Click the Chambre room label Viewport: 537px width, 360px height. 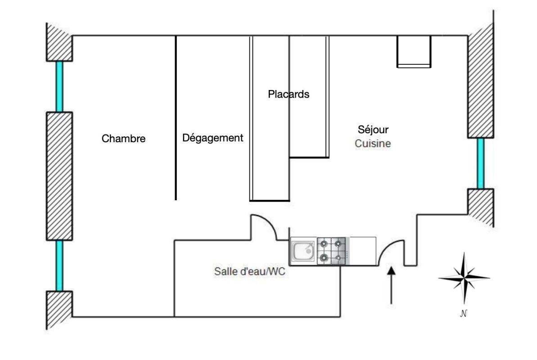click(124, 139)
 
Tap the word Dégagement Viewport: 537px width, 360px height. click(212, 138)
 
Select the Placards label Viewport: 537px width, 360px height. click(289, 94)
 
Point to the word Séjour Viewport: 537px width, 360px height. click(373, 130)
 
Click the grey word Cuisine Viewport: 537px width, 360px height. click(373, 144)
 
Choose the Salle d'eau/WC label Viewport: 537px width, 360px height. click(250, 272)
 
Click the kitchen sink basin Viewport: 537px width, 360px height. click(303, 251)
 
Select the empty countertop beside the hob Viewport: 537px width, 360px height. click(362, 251)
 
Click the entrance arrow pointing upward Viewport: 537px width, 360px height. click(391, 285)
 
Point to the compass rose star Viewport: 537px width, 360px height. click(464, 278)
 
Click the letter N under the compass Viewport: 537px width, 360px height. click(464, 314)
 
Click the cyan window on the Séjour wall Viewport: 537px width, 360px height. click(481, 163)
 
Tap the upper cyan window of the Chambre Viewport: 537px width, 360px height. click(59, 86)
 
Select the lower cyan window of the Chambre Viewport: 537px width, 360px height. click(59, 265)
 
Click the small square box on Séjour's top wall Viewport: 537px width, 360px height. click(414, 51)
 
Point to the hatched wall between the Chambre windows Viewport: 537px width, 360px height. click(59, 175)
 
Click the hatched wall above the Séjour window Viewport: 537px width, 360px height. click(481, 85)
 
